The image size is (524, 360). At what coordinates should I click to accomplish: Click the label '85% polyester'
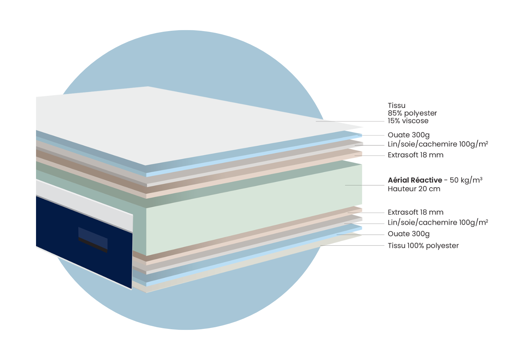point(412,113)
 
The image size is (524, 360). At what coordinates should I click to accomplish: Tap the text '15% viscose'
point(408,121)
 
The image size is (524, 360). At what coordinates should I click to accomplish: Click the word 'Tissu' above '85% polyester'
point(396,105)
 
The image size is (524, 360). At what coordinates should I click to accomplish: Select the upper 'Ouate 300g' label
point(408,135)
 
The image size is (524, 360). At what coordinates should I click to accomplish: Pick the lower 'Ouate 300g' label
point(408,234)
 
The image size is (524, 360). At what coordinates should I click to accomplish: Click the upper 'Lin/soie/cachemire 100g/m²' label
point(438,144)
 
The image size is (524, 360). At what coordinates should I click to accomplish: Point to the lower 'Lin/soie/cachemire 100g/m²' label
point(438,223)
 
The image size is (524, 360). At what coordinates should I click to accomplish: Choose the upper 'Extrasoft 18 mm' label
point(415,155)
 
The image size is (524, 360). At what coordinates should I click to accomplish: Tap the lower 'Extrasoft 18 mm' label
point(415,212)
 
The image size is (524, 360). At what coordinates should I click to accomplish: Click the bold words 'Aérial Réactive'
point(415,180)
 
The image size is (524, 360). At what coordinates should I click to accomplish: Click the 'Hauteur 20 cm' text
point(414,189)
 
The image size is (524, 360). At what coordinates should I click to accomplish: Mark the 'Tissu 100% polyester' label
point(423,246)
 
